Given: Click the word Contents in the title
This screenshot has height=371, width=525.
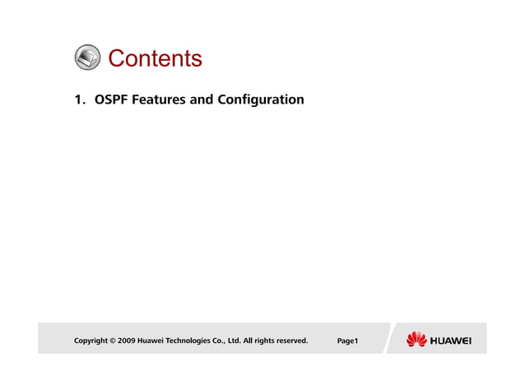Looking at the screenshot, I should [x=155, y=58].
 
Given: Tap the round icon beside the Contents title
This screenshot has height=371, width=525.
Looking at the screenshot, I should [x=88, y=58].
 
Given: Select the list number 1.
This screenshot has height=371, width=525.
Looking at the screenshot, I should [x=78, y=100].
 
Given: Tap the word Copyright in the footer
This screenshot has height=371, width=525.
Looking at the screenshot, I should [x=91, y=340].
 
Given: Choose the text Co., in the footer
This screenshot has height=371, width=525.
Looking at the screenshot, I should [x=228, y=340].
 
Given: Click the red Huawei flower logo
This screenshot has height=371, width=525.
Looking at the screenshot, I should [x=416, y=339].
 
